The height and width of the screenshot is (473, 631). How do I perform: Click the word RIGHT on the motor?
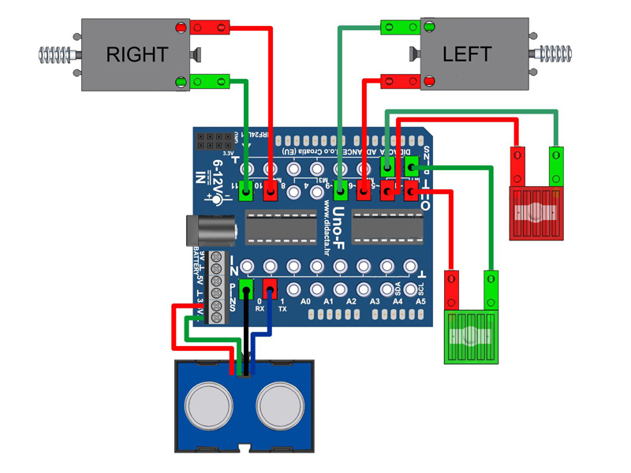pyautogui.click(x=136, y=54)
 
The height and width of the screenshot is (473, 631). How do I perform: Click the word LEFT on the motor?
pyautogui.click(x=467, y=54)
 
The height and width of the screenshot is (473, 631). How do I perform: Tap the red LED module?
pyautogui.click(x=536, y=211)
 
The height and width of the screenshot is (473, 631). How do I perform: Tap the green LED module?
pyautogui.click(x=471, y=336)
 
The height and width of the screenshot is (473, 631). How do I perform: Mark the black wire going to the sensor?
pyautogui.click(x=246, y=331)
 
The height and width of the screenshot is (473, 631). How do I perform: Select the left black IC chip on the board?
pyautogui.click(x=280, y=229)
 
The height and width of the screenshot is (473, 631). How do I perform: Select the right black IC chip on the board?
pyautogui.click(x=386, y=229)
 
